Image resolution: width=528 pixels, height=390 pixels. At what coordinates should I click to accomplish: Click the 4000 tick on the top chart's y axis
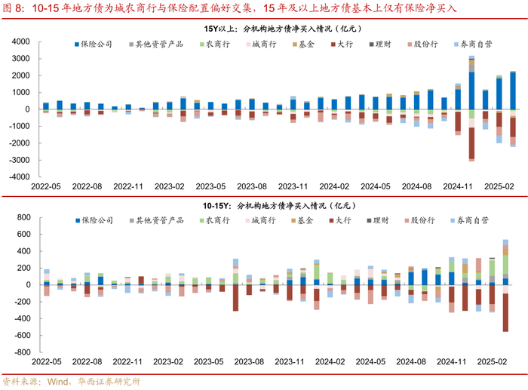pos(20,41)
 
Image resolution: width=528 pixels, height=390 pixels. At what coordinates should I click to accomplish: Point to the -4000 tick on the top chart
pos(18,177)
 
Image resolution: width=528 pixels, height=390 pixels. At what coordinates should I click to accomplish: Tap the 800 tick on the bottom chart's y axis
pos(23,217)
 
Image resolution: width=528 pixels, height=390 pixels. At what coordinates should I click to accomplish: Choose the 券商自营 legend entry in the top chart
pos(475,45)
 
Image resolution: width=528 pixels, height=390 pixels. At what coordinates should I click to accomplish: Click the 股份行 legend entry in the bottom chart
pos(422,221)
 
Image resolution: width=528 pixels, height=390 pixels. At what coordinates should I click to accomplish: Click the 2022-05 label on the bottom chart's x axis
pos(46,362)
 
